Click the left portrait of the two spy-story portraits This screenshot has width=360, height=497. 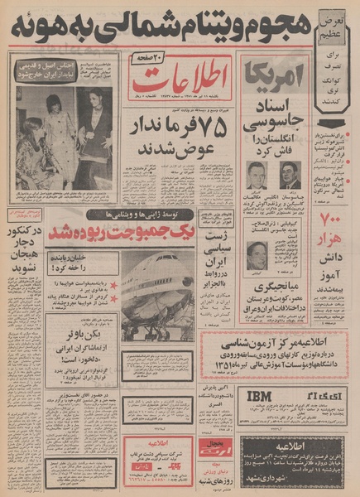coord(257,176)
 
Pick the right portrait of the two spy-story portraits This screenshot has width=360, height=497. coord(289,176)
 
